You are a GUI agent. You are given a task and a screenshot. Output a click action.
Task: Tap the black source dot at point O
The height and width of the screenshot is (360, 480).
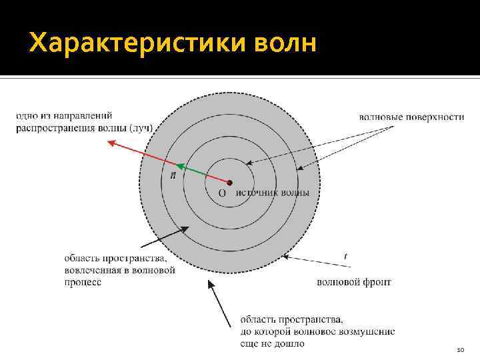pos(229,182)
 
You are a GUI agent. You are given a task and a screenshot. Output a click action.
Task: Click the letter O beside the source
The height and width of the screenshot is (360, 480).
pos(222,193)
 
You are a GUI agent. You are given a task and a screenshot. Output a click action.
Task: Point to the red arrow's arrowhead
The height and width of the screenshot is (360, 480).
pos(113,142)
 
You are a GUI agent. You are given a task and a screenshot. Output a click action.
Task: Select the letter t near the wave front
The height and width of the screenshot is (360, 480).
pos(345,256)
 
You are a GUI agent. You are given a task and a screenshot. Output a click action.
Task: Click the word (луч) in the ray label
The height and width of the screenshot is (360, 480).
pos(141,127)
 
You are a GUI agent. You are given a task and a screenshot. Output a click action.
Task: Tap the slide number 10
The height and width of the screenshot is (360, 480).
pos(459,349)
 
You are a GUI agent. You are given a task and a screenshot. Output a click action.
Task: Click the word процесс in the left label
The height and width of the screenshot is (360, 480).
pos(83,282)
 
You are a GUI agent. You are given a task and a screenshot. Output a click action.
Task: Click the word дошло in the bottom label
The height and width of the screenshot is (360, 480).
pos(291,343)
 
